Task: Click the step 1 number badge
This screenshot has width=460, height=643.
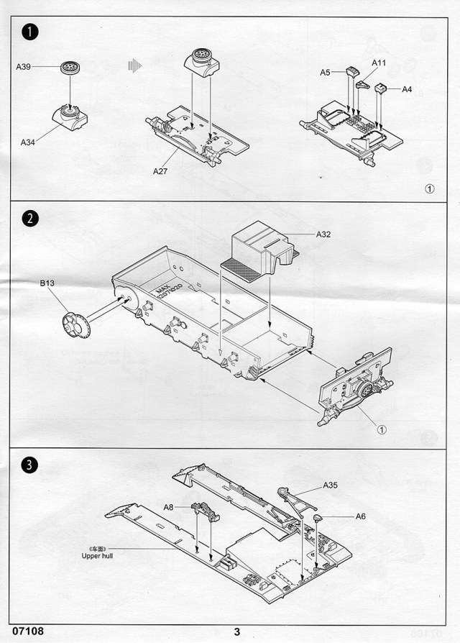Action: click(x=28, y=32)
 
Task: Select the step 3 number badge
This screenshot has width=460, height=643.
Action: click(x=28, y=465)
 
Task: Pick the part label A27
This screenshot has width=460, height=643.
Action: click(x=160, y=171)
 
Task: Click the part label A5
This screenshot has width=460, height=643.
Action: click(x=325, y=72)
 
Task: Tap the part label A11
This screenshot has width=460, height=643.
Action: click(x=379, y=63)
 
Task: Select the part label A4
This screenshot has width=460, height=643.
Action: click(x=407, y=89)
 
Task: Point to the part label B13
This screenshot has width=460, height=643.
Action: click(x=47, y=284)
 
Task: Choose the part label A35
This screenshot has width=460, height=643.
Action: click(x=330, y=485)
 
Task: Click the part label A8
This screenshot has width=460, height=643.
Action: click(x=168, y=507)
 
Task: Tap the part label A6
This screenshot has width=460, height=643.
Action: click(x=360, y=516)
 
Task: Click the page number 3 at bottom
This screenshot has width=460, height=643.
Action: click(x=236, y=632)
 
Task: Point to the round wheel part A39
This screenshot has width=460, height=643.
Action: click(x=70, y=67)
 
